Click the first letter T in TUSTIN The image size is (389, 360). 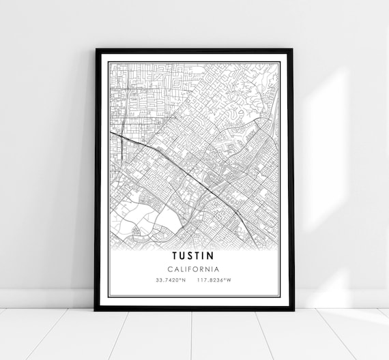pos(175,255)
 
